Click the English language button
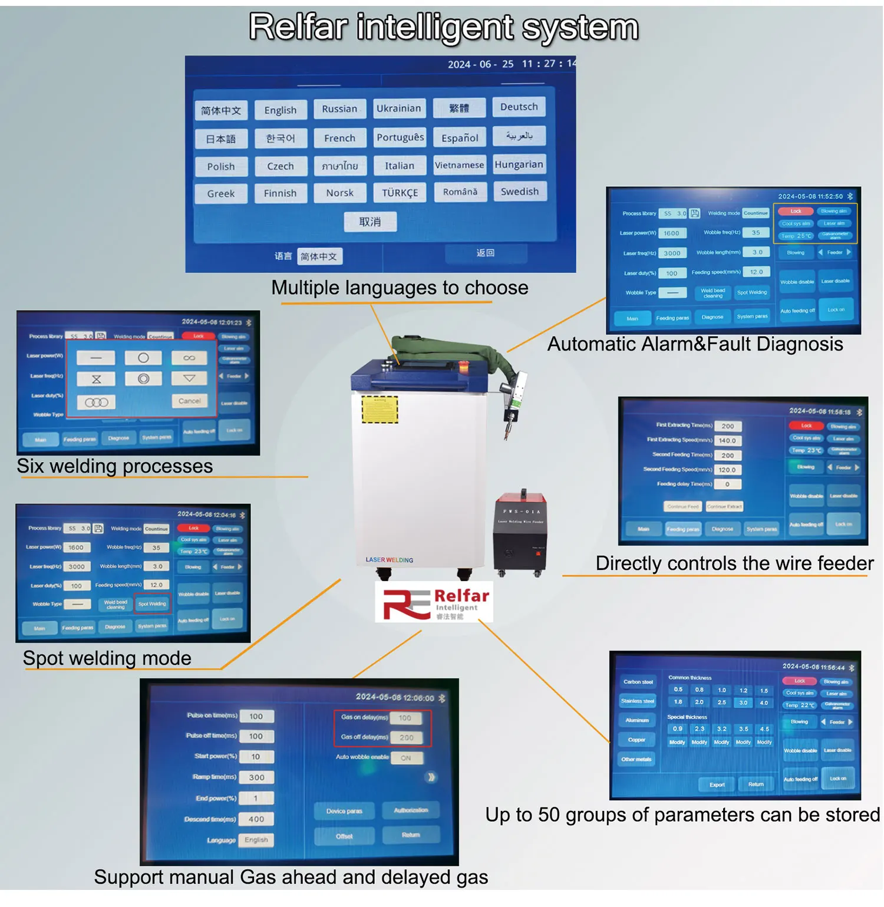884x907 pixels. (x=281, y=110)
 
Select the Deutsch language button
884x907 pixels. (x=519, y=107)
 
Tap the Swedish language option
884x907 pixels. (x=519, y=192)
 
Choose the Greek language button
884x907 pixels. (x=221, y=193)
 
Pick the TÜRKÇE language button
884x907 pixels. (x=400, y=193)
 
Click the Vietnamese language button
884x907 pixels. (x=459, y=165)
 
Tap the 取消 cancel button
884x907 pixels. (x=370, y=222)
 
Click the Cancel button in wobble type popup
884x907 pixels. (x=189, y=401)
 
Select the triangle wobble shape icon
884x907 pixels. (x=189, y=378)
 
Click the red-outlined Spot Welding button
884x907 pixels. (x=152, y=603)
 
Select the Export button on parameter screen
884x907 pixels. (x=717, y=784)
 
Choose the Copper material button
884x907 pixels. (x=636, y=740)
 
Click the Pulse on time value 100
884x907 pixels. (x=256, y=717)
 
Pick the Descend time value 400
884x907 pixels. (x=256, y=819)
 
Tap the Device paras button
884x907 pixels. (x=344, y=811)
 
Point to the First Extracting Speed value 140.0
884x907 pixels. (x=727, y=440)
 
